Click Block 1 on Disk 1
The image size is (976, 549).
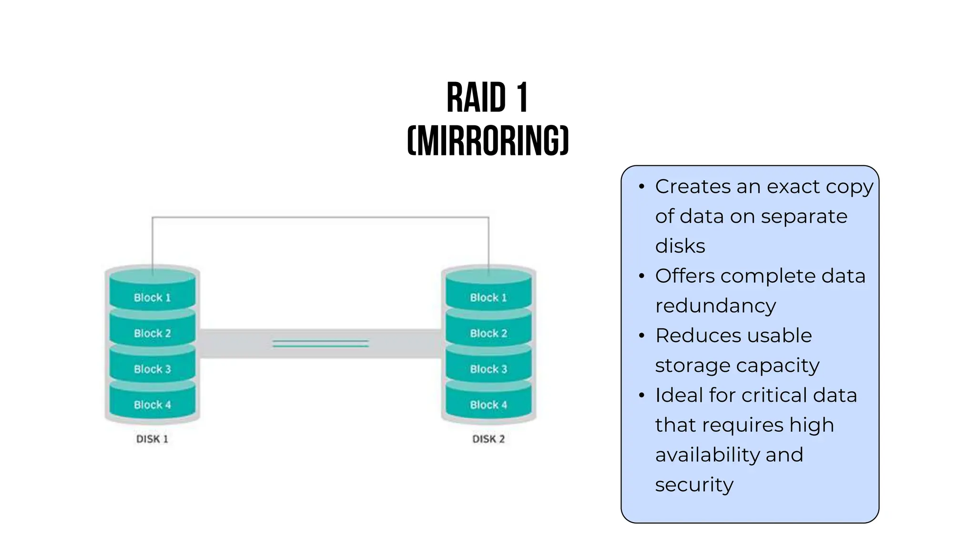point(152,297)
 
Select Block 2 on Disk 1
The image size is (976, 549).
point(152,333)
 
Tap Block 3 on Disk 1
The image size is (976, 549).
point(152,369)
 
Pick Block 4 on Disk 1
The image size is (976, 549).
point(152,405)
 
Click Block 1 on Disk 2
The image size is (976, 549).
point(488,297)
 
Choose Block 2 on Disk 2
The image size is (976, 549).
point(488,333)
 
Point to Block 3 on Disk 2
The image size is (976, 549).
point(488,369)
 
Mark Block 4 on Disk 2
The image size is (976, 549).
point(488,405)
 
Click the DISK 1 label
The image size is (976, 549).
point(152,439)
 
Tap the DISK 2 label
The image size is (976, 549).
point(488,439)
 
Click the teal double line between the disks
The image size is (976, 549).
point(320,343)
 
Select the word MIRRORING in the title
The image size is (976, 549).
point(488,141)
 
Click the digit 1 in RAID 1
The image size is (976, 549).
point(522,98)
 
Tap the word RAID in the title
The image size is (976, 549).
point(476,98)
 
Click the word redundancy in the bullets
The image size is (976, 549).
point(715,306)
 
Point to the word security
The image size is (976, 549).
point(694,485)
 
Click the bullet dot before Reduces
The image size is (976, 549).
point(641,336)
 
